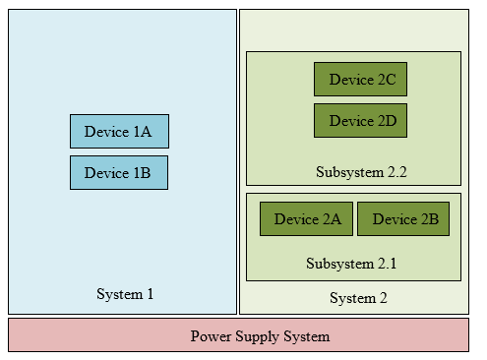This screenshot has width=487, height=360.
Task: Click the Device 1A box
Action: pyautogui.click(x=118, y=131)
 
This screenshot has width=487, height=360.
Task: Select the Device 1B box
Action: pyautogui.click(x=118, y=172)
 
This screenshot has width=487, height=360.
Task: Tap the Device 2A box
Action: pyautogui.click(x=306, y=219)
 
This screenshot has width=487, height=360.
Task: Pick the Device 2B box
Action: pyautogui.click(x=403, y=219)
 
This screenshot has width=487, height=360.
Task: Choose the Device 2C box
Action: pyautogui.click(x=360, y=80)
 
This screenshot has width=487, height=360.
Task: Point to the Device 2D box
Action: pyautogui.click(x=360, y=121)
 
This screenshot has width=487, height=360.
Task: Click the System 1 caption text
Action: pyautogui.click(x=125, y=294)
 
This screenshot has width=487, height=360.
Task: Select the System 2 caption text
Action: pyautogui.click(x=358, y=298)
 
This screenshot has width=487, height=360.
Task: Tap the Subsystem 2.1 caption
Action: pyautogui.click(x=351, y=264)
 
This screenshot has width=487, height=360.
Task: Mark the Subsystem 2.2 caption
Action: pyautogui.click(x=361, y=172)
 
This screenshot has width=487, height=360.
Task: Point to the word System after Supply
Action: pyautogui.click(x=306, y=336)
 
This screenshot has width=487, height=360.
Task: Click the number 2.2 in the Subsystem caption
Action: pyautogui.click(x=396, y=172)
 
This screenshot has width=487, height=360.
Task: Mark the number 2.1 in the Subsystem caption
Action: pyautogui.click(x=386, y=264)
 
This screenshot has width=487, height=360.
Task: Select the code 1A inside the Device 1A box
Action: pyautogui.click(x=142, y=131)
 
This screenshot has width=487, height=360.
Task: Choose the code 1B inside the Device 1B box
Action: pyautogui.click(x=142, y=172)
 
